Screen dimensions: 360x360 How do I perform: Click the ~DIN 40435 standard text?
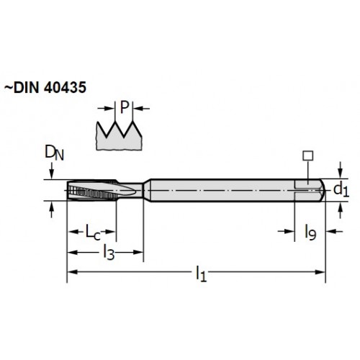click(x=45, y=87)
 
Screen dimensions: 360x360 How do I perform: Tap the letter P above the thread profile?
click(x=125, y=107)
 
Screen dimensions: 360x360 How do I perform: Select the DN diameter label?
click(x=54, y=153)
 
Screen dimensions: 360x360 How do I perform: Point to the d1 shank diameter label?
click(x=341, y=190)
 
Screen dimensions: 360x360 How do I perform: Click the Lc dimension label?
click(x=93, y=232)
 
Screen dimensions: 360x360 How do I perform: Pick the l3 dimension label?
click(x=109, y=252)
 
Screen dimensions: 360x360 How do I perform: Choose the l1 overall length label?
click(x=201, y=273)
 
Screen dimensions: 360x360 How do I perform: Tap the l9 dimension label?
click(x=310, y=233)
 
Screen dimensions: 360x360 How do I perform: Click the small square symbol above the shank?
click(x=307, y=156)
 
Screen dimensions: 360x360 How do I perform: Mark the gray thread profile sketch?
click(x=119, y=136)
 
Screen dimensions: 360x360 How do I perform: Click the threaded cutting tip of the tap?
click(x=92, y=191)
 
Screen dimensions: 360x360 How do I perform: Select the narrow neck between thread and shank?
click(x=138, y=190)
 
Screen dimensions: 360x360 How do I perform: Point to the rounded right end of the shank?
click(x=323, y=190)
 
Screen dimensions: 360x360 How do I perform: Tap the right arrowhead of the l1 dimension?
click(x=320, y=272)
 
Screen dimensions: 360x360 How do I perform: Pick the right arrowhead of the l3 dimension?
click(x=138, y=252)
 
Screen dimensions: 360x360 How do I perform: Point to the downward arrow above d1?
click(x=340, y=170)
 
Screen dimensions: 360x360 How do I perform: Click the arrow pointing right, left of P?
click(x=106, y=109)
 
